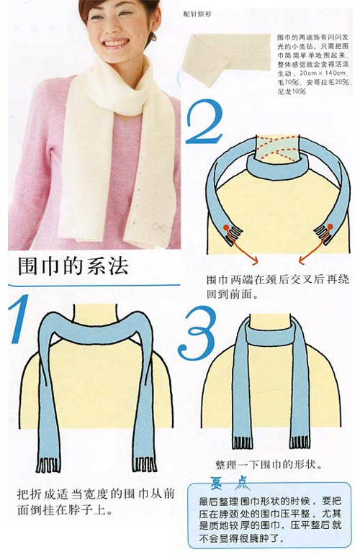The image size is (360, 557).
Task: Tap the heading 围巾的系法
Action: [73, 268]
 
